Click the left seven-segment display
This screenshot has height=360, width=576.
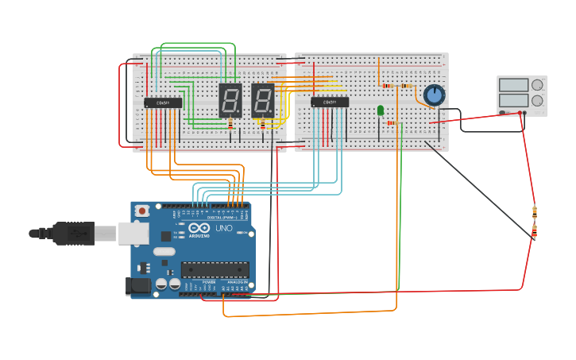click(230, 100)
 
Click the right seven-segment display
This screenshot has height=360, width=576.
click(263, 100)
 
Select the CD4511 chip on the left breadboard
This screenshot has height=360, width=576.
click(163, 103)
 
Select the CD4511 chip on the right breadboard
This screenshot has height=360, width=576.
click(330, 102)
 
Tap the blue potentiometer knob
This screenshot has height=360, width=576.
click(434, 95)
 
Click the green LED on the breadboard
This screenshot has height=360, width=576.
click(381, 110)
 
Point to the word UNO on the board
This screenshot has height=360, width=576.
click(224, 228)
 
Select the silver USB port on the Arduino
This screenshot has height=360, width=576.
click(133, 233)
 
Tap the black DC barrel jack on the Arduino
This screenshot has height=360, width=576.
click(138, 286)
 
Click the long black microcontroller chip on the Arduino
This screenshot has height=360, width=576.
click(215, 269)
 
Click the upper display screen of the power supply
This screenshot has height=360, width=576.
click(513, 85)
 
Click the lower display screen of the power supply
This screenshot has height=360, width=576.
click(513, 101)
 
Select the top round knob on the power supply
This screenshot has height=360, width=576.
click(537, 84)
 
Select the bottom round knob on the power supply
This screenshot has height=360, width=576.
click(537, 101)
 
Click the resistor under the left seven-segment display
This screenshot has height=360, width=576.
click(230, 124)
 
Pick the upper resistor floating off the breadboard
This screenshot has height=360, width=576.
click(534, 211)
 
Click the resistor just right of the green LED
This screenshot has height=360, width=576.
click(391, 123)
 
